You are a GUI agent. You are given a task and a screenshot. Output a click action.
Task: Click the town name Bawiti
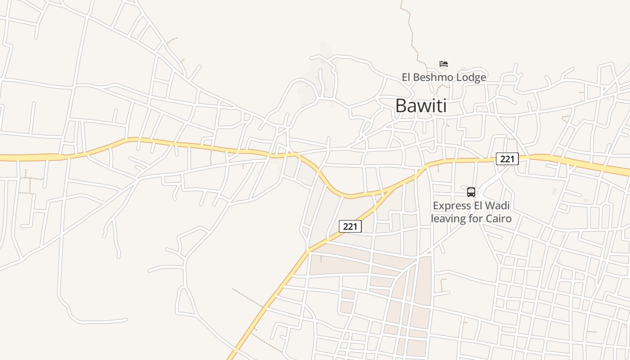(x=421, y=106)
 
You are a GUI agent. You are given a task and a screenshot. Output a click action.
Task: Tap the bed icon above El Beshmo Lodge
(x=444, y=64)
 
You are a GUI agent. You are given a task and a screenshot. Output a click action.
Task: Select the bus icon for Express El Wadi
(x=471, y=192)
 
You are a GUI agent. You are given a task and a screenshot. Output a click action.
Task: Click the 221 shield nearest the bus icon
(x=507, y=159)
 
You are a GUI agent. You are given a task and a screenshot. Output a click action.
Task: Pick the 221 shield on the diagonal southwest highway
(x=350, y=226)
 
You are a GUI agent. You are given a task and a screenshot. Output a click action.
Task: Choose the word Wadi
(x=498, y=206)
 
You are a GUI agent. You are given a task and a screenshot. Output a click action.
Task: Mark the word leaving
(x=447, y=219)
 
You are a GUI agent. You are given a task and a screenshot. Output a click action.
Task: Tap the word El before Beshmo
(x=406, y=77)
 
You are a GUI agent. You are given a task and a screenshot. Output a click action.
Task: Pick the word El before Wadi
(x=477, y=206)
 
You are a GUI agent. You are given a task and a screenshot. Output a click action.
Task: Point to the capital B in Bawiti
(x=400, y=106)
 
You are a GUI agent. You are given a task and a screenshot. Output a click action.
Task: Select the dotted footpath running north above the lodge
(x=410, y=27)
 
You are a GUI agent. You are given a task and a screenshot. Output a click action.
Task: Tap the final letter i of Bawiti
(x=445, y=106)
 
